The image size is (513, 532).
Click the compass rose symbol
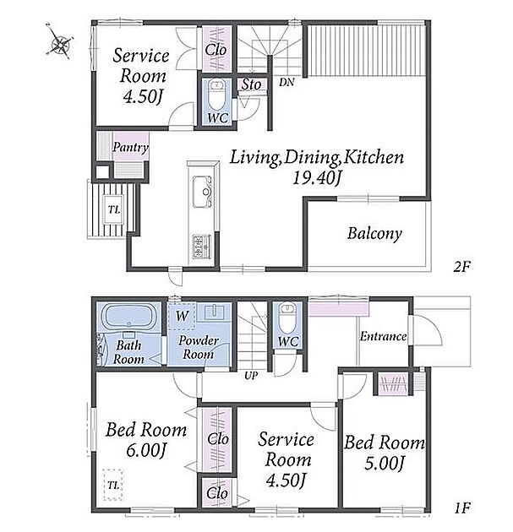[61, 43]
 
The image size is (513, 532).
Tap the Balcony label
[374, 234]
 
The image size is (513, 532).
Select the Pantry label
[131, 147]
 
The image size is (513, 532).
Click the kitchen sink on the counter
[202, 192]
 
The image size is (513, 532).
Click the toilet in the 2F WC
[217, 95]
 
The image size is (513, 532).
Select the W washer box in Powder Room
[182, 316]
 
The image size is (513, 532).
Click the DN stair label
[287, 82]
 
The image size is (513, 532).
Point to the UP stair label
[251, 375]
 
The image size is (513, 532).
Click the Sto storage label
[251, 84]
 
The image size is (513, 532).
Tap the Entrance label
[383, 336]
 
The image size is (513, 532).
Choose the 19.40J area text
[316, 178]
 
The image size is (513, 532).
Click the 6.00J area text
[146, 451]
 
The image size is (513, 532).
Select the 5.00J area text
[385, 464]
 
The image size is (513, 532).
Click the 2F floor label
[461, 267]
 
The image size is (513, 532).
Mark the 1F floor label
[461, 508]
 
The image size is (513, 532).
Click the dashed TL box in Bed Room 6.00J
[113, 485]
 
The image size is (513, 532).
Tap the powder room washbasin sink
[214, 312]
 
